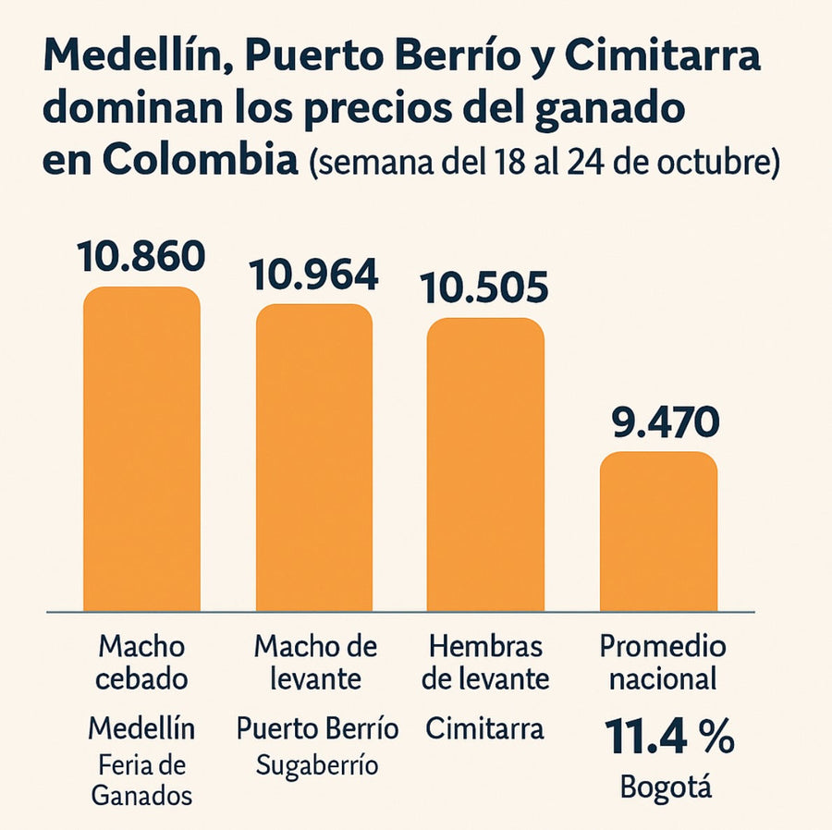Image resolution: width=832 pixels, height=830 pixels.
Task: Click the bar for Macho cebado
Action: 141,449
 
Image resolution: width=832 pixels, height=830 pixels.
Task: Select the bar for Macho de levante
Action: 314,458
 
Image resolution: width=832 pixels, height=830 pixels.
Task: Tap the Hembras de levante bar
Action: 485,464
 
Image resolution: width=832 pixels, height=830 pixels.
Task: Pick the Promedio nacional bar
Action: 658,531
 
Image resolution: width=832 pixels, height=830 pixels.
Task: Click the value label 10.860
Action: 141,256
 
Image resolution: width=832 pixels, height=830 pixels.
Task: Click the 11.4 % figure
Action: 668,738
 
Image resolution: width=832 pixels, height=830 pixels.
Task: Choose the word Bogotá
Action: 667,787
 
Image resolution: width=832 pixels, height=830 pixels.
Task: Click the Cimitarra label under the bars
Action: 485,728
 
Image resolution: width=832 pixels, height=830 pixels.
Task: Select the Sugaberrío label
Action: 317,766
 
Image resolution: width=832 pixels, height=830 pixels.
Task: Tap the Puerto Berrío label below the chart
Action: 317,728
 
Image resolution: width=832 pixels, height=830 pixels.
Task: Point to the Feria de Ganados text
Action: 141,780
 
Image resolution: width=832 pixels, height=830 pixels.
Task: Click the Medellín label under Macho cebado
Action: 141,728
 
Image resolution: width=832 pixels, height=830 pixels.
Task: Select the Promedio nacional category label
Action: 662,662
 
